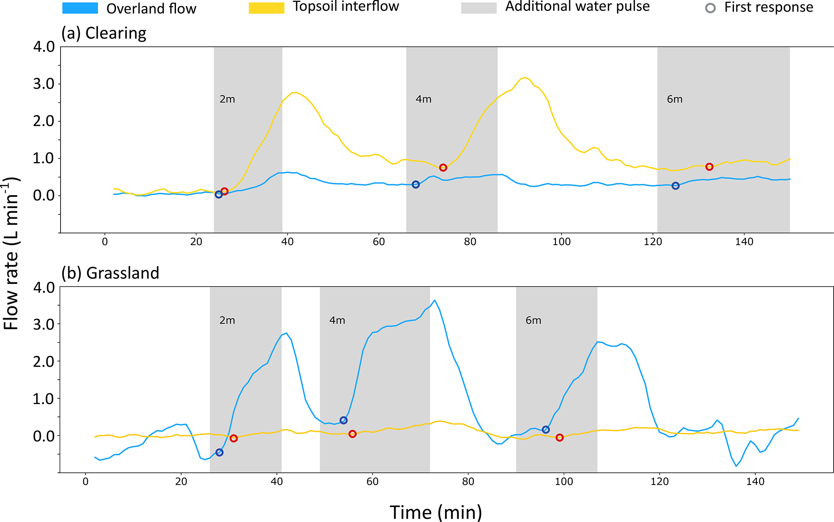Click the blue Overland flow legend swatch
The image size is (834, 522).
coord(80,8)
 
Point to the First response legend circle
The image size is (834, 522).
coord(710,8)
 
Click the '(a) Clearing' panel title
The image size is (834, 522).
coord(104,33)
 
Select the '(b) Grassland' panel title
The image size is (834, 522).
coord(110,273)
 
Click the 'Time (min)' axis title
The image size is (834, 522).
coord(436,512)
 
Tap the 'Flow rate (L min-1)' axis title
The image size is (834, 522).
coord(11,254)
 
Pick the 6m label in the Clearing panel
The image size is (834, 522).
coord(675,99)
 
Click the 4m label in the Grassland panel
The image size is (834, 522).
coord(337,320)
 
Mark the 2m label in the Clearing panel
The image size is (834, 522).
coord(227,99)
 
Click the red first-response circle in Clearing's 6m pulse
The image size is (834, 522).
coord(709,167)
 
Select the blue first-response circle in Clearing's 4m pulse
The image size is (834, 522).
coord(416,185)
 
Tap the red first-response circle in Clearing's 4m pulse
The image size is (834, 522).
coord(443,168)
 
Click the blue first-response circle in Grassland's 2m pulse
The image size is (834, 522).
coord(219,452)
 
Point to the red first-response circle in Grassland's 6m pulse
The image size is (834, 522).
coord(560,438)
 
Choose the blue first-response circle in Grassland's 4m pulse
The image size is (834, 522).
coord(343,420)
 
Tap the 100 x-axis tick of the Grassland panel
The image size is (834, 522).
coord(564,481)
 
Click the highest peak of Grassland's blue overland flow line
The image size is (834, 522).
coord(435,300)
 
